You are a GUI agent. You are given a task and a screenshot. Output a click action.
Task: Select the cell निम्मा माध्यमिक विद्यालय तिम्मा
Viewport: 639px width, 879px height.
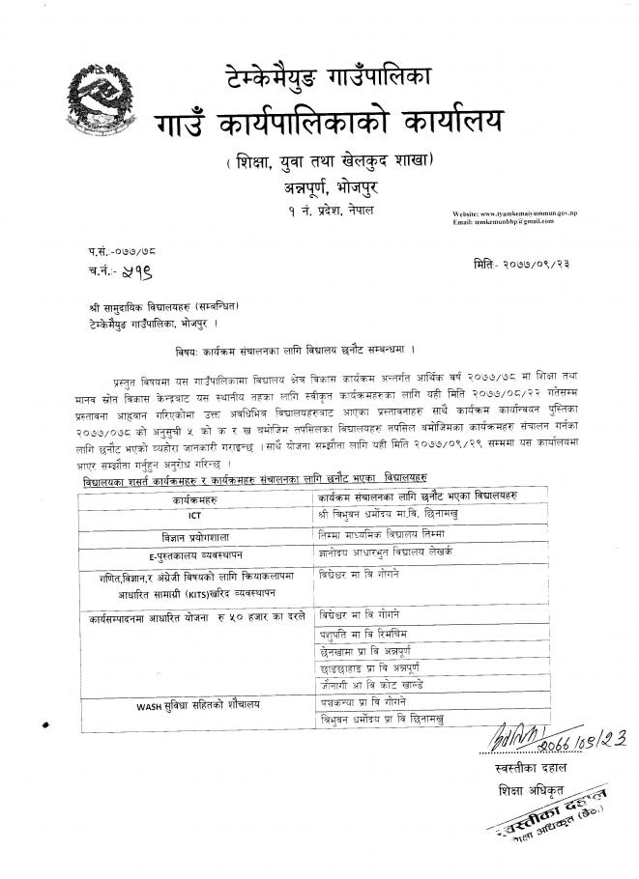pyautogui.click(x=380, y=533)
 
